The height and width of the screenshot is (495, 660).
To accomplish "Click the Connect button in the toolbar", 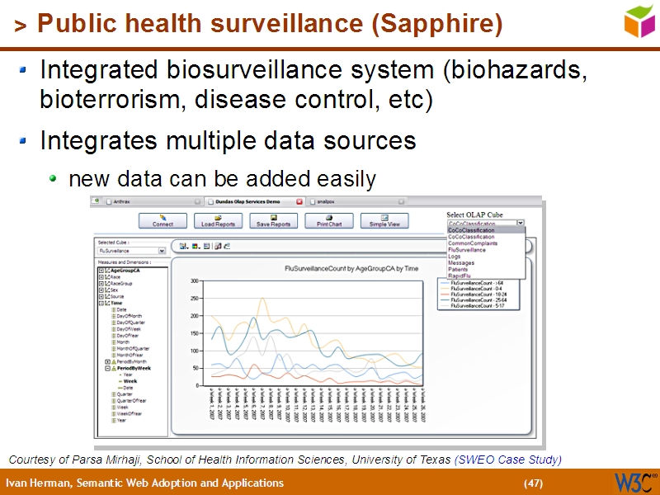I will pyautogui.click(x=163, y=220).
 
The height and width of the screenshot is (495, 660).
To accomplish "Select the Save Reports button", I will pyautogui.click(x=274, y=220).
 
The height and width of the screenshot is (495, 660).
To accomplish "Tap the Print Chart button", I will pyautogui.click(x=329, y=220).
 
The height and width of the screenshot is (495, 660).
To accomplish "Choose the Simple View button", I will pyautogui.click(x=384, y=220).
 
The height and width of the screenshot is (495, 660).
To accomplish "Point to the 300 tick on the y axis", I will pyautogui.click(x=195, y=281).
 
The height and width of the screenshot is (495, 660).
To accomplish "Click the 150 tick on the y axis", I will pyautogui.click(x=195, y=333).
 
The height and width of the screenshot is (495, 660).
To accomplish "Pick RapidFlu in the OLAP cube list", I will pyautogui.click(x=460, y=276).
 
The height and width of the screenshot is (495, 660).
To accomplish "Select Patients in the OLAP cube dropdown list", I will pyautogui.click(x=459, y=269).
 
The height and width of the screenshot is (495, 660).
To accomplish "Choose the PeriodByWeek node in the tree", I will pyautogui.click(x=134, y=368).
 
